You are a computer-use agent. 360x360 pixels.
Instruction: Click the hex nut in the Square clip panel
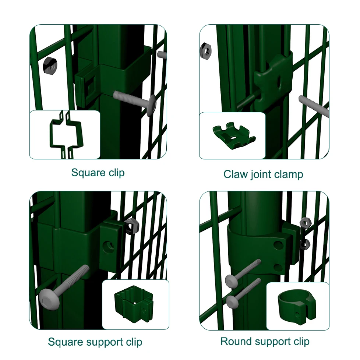50,66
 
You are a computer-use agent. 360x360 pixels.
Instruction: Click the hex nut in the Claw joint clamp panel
205,52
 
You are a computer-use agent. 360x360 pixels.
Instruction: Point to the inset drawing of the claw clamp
234,135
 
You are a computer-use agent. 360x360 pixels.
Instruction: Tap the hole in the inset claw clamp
233,138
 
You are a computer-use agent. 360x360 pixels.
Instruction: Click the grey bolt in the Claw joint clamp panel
314,106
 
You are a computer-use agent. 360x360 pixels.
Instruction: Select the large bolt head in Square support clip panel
49,299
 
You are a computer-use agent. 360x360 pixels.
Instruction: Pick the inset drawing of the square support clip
133,304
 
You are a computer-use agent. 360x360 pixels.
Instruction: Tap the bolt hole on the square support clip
107,247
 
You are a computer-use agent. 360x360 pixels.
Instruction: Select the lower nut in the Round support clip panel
305,244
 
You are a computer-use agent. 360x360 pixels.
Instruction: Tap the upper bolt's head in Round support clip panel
232,281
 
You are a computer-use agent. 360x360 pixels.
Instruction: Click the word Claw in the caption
236,174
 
